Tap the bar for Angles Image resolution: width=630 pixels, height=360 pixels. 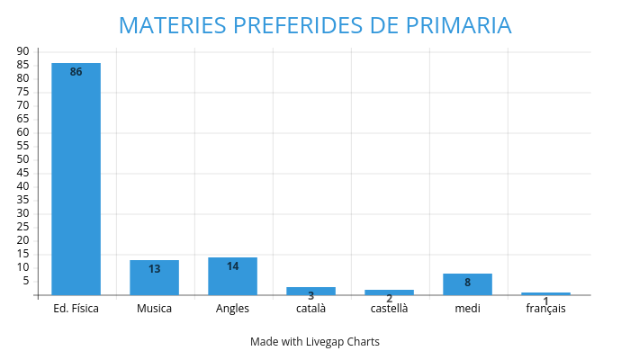pos(232,276)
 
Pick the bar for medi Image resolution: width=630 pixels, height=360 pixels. pos(467,284)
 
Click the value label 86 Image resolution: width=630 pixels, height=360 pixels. pos(76,72)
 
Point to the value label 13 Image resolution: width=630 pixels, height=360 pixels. pos(154,269)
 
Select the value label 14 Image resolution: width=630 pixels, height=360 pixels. pos(232,266)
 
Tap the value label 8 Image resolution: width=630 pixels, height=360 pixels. pos(467,283)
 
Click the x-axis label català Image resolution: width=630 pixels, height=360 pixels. pos(310,309)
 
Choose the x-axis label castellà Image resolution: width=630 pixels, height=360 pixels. pos(389,309)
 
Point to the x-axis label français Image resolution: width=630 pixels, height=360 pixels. pos(545,309)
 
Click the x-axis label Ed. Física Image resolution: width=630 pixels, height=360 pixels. pos(76,309)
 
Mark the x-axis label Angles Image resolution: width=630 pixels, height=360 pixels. pos(232,309)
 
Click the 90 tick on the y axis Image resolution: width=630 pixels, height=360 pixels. pos(22,51)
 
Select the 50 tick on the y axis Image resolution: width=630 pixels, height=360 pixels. pos(22,159)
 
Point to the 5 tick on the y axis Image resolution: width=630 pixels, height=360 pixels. pos(25,281)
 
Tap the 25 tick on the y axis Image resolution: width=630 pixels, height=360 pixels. pos(22,227)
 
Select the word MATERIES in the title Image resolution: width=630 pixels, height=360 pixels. pos(171,25)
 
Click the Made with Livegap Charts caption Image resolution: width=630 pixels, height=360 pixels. pos(315,342)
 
